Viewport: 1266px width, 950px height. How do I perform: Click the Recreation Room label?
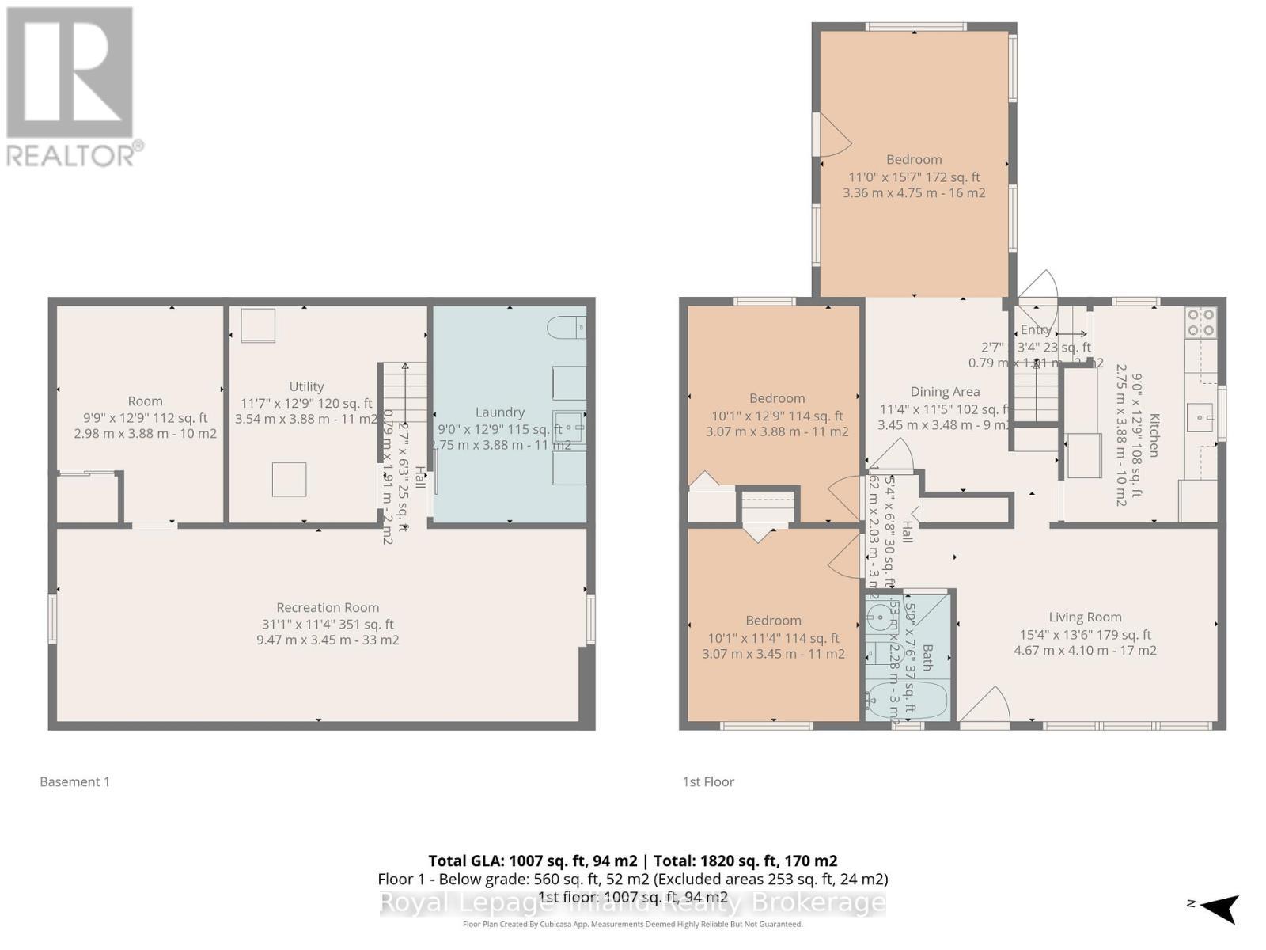328,607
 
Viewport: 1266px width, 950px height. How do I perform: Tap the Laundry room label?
499,412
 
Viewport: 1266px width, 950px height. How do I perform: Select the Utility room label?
306,386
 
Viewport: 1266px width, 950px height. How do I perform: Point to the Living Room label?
1085,617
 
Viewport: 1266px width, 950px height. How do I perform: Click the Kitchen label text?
1154,435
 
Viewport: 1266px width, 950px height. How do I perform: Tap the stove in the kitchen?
1200,321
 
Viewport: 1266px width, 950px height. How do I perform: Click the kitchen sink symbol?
1200,416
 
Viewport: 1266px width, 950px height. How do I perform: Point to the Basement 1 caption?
75,781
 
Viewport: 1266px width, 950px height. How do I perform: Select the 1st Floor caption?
708,781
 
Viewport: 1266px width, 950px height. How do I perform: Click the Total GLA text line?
633,861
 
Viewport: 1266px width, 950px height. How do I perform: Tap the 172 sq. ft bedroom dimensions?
914,177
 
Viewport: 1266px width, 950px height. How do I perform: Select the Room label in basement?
145,401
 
